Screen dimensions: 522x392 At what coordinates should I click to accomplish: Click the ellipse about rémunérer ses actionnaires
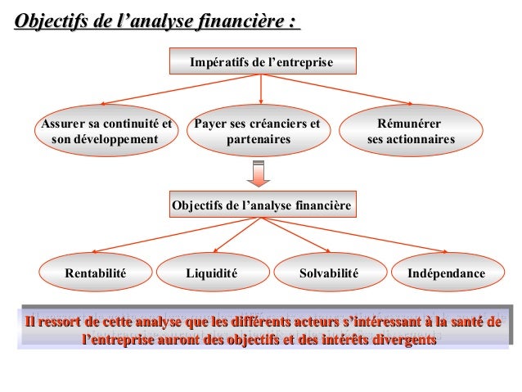tap(410, 133)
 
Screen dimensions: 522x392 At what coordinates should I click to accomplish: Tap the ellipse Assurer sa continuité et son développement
tap(106, 133)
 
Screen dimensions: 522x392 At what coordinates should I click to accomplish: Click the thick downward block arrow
tap(259, 174)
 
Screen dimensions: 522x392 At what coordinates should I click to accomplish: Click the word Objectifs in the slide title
tap(55, 20)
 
